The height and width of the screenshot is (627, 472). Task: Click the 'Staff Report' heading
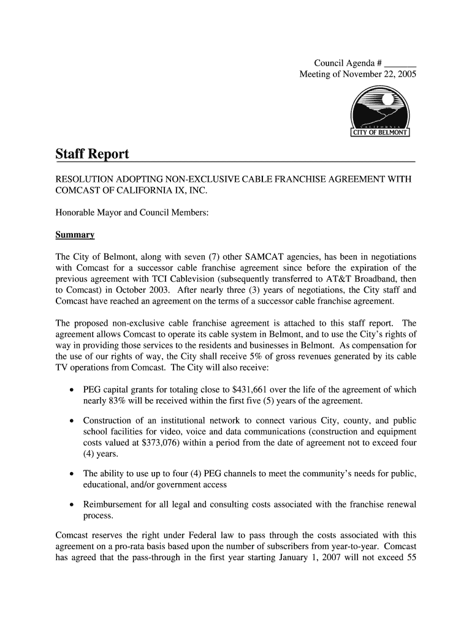click(x=93, y=154)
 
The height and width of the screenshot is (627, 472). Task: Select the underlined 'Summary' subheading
click(x=75, y=235)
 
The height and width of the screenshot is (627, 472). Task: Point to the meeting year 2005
click(x=406, y=75)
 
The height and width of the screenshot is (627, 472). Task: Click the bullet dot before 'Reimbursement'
click(x=73, y=505)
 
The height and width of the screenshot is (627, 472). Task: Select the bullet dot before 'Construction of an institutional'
click(x=73, y=421)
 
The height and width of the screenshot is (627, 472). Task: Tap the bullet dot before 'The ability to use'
click(x=73, y=474)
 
